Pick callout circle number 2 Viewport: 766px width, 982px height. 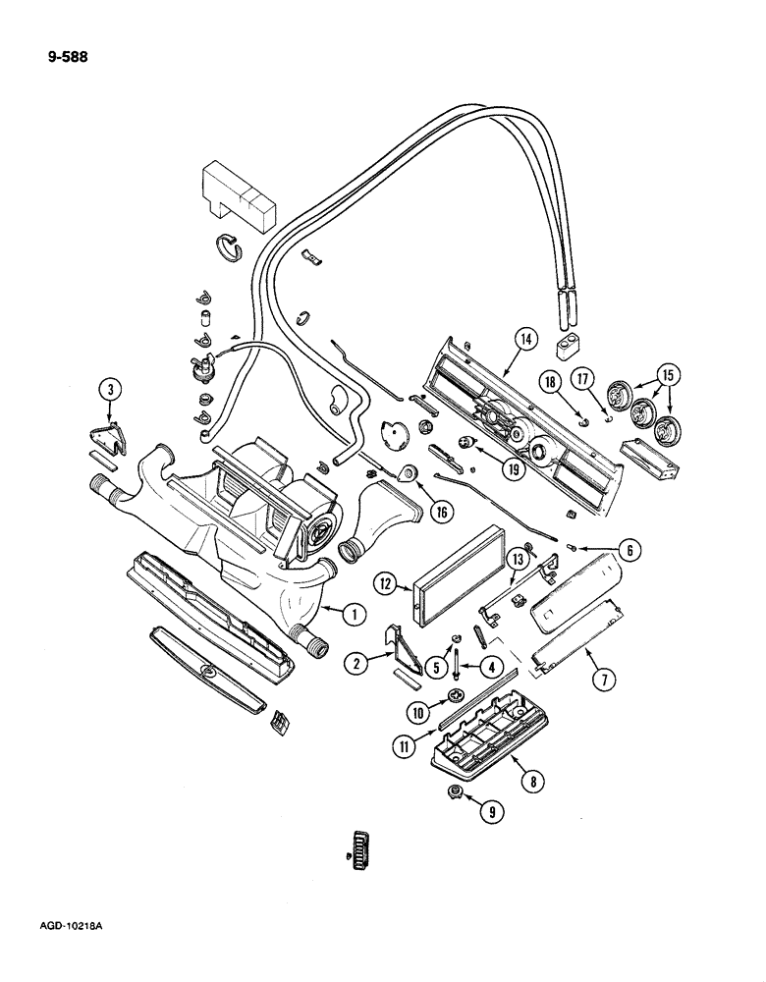point(357,664)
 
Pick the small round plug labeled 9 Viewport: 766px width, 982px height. point(456,793)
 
